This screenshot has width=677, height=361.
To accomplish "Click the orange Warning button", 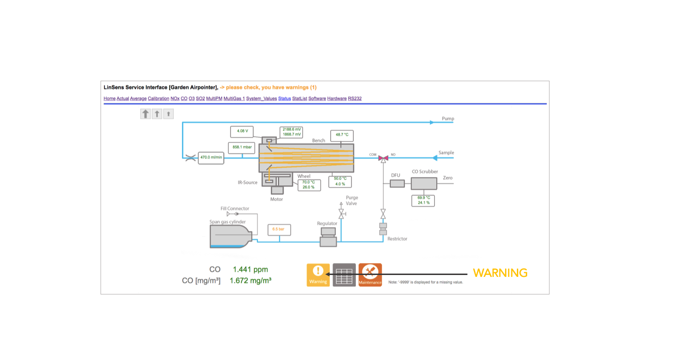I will [x=318, y=275].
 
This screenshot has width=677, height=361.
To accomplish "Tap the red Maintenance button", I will [x=370, y=275].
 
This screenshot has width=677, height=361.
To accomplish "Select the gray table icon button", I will [x=344, y=275].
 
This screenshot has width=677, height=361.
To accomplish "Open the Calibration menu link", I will [x=158, y=98].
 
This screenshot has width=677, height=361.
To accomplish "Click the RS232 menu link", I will [x=355, y=98].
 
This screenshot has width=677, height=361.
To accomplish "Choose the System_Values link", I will [x=261, y=98].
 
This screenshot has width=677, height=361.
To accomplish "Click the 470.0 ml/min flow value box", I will [x=211, y=157].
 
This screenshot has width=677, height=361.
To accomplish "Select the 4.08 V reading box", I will [x=242, y=131].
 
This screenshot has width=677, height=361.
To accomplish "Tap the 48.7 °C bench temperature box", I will [x=342, y=135].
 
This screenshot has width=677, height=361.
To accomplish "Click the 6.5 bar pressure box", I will [x=279, y=230].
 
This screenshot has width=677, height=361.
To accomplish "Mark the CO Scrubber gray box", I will [x=424, y=184].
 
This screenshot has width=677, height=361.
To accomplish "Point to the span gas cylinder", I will [x=231, y=236].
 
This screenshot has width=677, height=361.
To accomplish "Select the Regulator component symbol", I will [x=328, y=236].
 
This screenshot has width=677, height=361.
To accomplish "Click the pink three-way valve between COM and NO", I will [x=384, y=157].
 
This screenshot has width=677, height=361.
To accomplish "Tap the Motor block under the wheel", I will [x=277, y=190].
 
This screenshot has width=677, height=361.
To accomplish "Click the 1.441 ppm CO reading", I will [x=250, y=269].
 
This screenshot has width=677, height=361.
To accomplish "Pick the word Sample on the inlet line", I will [x=446, y=153].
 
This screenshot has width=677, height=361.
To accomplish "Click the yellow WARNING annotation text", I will [x=500, y=273].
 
